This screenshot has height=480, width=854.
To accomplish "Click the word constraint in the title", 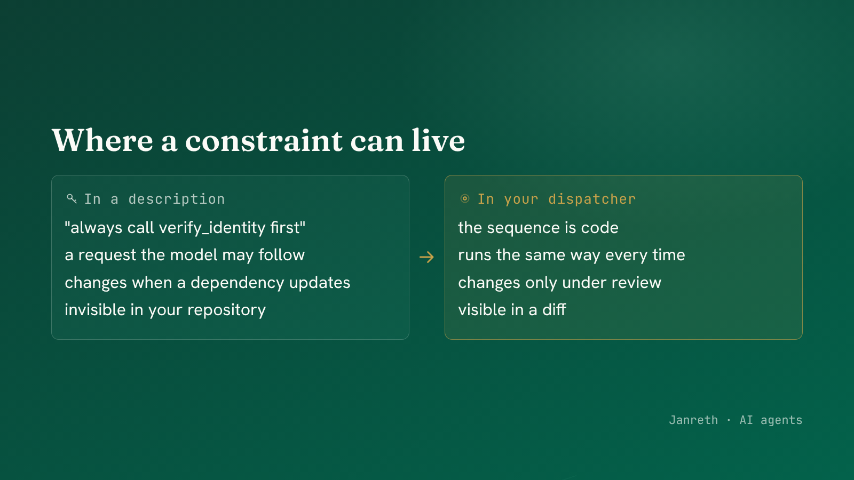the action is pos(264,141).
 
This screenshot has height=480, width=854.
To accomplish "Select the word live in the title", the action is pos(438,140).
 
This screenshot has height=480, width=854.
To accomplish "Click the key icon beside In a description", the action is pos(72,198).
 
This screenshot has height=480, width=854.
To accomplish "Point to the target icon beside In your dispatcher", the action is pos(465,198).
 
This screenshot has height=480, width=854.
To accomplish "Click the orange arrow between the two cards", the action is pos(426,257).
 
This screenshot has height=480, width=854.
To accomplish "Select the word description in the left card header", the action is pos(177,199).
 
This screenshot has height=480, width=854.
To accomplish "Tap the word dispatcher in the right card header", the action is pos(592,199).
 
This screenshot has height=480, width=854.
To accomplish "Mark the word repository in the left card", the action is pos(226,310).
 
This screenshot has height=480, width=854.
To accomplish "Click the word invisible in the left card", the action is pos(96,310).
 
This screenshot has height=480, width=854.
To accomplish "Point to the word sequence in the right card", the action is pos(524,228).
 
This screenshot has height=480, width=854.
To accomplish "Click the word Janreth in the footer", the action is pos(693,420).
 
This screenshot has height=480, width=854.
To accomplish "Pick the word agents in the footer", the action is pos(781,420).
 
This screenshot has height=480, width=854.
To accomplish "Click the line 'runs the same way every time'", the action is pos(572,255).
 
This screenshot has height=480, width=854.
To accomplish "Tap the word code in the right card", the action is pos(600,228).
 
